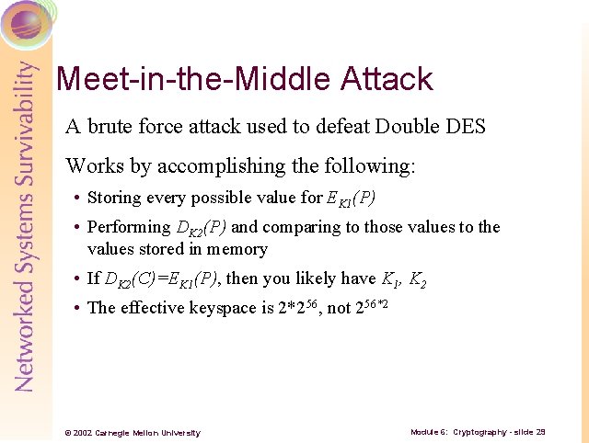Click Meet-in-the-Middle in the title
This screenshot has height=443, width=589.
click(194, 79)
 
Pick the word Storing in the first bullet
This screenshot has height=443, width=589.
click(113, 198)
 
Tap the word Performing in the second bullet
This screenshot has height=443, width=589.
click(129, 227)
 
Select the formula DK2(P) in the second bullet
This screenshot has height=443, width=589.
click(202, 228)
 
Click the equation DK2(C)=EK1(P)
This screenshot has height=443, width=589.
click(162, 279)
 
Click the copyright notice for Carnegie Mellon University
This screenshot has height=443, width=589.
click(132, 432)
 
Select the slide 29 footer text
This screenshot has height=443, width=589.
click(479, 431)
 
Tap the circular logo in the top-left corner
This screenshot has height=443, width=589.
click(26, 22)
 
